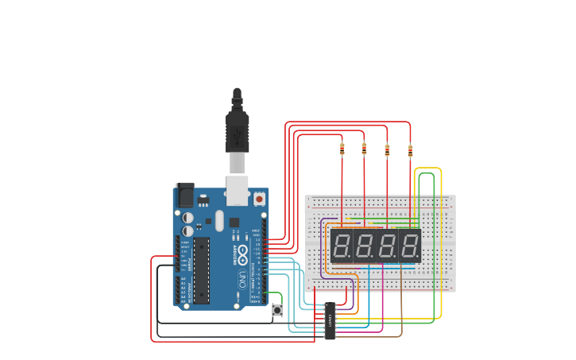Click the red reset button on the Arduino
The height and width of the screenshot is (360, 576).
click(259, 199)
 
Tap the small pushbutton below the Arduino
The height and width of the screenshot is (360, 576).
click(277, 310)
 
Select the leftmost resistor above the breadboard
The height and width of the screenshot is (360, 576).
click(342, 148)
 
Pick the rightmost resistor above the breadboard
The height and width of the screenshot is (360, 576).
click(410, 149)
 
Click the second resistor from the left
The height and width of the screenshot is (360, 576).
click(365, 148)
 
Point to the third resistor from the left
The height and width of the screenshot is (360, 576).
click(388, 149)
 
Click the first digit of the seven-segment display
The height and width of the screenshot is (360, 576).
click(342, 246)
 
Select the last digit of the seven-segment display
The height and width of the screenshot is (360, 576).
click(410, 246)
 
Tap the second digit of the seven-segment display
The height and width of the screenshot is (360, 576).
click(365, 246)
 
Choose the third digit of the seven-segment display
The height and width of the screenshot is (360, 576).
click(388, 246)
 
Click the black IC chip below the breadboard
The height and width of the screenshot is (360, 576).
click(330, 320)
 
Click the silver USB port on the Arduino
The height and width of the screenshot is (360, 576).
click(238, 191)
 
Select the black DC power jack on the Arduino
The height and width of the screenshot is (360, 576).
click(184, 195)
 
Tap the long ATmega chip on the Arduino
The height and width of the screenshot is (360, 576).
click(201, 270)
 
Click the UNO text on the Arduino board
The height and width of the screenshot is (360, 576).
click(242, 279)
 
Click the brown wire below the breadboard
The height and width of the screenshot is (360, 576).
click(401, 310)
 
